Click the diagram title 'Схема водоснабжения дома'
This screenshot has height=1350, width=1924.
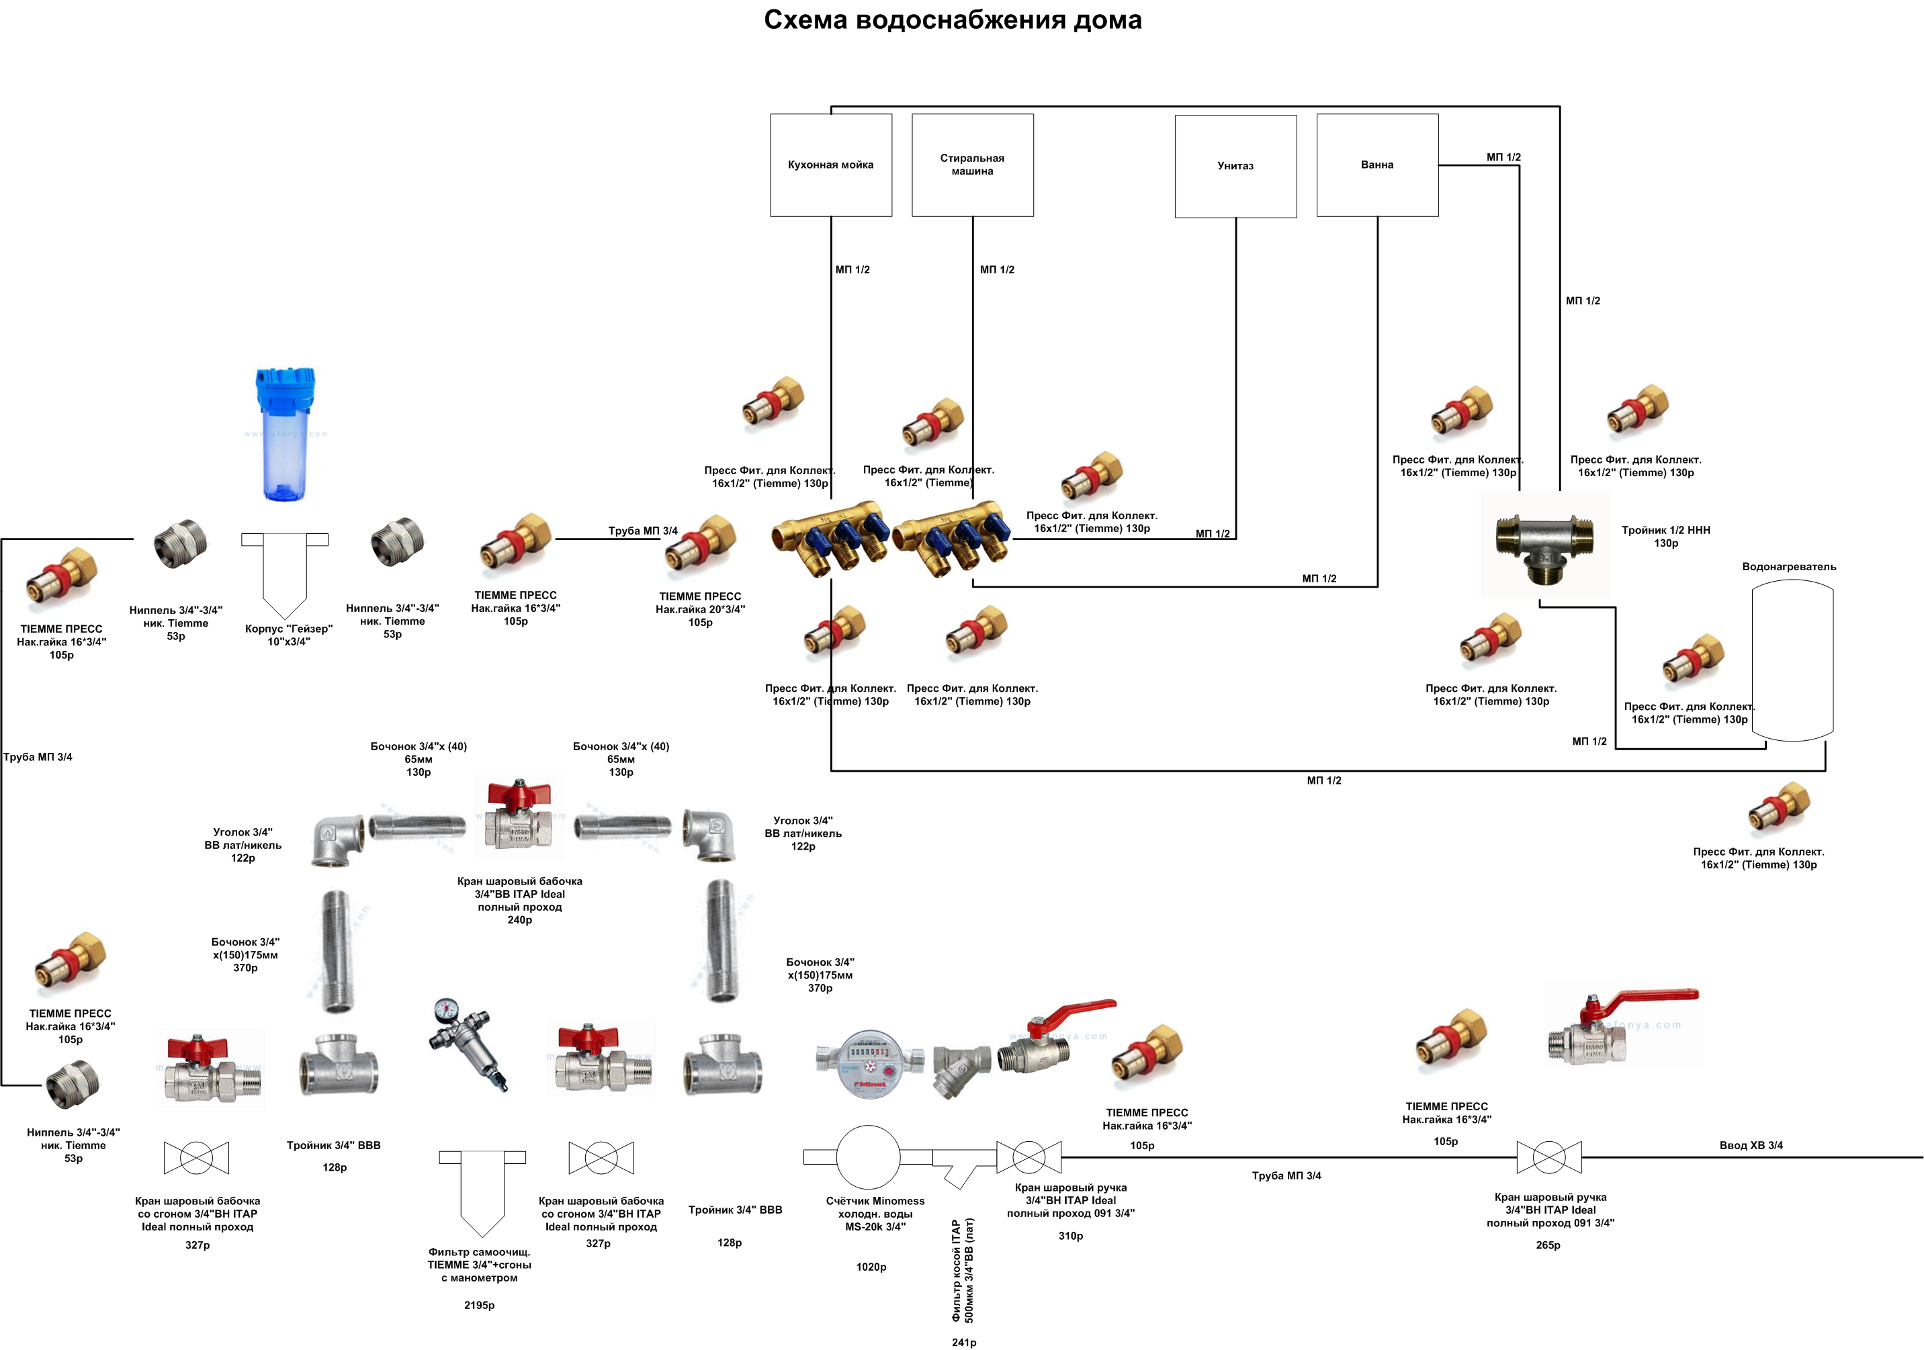click(x=952, y=20)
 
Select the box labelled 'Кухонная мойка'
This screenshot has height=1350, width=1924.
click(x=830, y=165)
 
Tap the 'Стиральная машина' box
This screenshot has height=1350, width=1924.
click(x=972, y=165)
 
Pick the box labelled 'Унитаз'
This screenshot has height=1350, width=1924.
click(x=1235, y=166)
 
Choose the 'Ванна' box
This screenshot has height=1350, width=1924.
click(x=1376, y=165)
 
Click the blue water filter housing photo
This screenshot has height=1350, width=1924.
click(x=286, y=433)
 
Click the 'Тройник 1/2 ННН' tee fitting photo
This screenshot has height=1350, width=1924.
click(x=1544, y=544)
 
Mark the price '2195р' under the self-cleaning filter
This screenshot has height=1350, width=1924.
click(x=480, y=1305)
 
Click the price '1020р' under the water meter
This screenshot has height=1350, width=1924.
click(x=871, y=1267)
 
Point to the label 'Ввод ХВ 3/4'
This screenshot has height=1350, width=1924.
click(x=1751, y=1146)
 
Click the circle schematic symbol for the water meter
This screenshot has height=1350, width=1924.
click(x=868, y=1157)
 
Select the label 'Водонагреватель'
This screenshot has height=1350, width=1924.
click(x=1789, y=566)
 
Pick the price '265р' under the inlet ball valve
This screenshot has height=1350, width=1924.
click(x=1548, y=1245)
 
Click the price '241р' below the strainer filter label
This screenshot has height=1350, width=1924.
click(x=963, y=1343)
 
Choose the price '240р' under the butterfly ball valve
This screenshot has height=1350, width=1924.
click(x=519, y=920)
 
